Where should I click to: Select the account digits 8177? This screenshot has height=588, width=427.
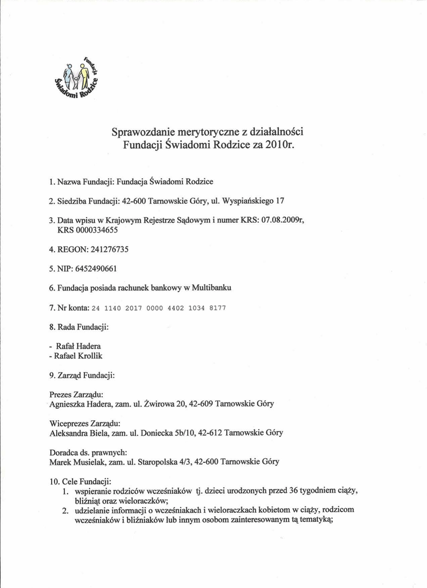[217, 308]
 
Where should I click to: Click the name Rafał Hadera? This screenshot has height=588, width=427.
[78, 347]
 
